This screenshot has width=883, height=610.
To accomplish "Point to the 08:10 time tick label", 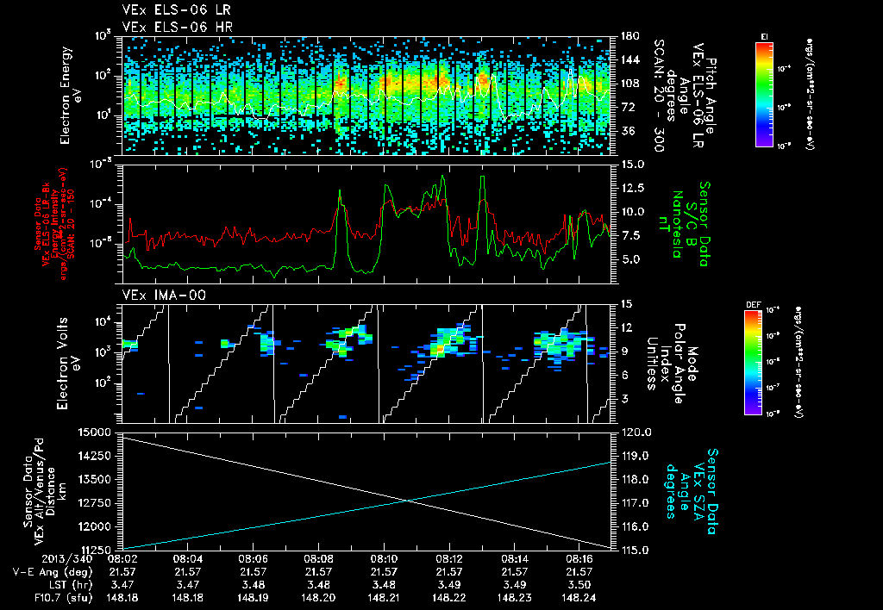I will (384, 559).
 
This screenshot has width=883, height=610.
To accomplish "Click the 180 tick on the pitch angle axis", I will (627, 36).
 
